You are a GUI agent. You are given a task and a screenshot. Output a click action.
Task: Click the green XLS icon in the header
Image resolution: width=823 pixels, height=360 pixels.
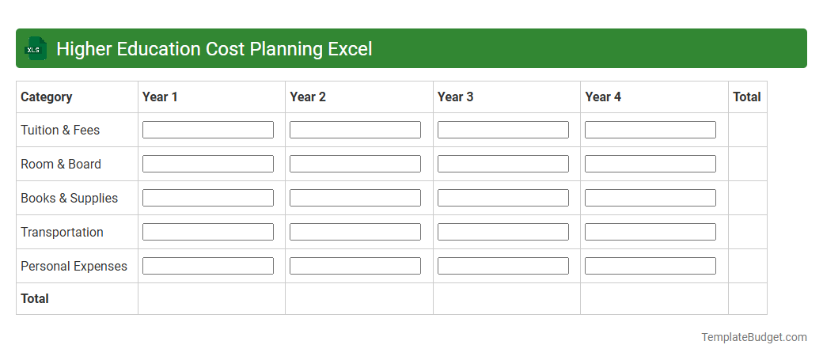click(35, 49)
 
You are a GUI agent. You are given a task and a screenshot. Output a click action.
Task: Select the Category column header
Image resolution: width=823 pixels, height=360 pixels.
click(46, 97)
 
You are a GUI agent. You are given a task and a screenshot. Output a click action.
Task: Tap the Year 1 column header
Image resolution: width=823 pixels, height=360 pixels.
click(160, 97)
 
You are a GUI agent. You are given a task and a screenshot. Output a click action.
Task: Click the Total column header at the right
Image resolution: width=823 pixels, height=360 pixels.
click(746, 97)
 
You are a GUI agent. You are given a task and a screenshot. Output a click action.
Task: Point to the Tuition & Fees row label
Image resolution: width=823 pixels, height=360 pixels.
click(60, 130)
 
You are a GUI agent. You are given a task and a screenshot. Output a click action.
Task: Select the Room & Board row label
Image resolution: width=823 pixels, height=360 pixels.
click(61, 164)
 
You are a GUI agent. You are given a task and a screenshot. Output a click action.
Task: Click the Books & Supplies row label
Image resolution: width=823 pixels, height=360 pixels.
click(69, 198)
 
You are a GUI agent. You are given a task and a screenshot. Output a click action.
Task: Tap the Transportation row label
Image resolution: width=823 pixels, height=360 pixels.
click(62, 232)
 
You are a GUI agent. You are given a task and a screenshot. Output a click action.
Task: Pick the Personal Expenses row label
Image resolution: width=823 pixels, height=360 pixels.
click(74, 266)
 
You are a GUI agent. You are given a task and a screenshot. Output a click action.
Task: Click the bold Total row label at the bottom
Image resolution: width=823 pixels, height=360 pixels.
click(35, 298)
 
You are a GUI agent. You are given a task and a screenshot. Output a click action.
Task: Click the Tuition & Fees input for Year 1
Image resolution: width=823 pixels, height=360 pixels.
click(207, 130)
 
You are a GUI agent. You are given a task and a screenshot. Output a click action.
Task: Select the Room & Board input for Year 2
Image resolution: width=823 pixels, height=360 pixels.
click(355, 164)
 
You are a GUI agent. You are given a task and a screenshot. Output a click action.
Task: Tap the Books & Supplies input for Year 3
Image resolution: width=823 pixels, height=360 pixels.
click(503, 198)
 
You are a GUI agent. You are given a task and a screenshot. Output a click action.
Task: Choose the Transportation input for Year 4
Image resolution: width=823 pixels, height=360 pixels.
click(650, 232)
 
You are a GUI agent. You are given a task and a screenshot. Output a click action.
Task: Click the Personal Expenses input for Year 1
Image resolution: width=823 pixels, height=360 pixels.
click(207, 266)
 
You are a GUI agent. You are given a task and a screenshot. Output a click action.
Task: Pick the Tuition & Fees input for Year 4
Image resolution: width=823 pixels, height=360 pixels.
click(650, 130)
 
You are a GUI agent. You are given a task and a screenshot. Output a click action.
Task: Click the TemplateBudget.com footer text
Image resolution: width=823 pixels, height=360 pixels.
click(753, 337)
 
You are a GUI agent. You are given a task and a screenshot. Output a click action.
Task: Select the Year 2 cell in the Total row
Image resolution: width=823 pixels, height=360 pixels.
click(358, 298)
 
